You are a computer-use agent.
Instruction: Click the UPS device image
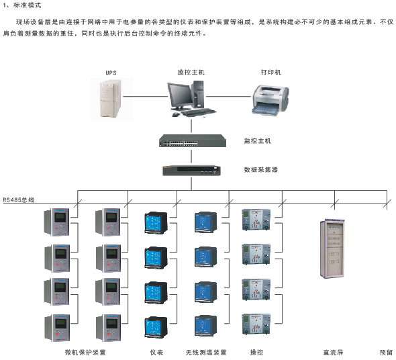(111, 99)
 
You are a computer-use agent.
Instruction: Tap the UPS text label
(111, 73)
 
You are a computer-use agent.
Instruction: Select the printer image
(270, 101)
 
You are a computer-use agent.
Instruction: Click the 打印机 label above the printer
(270, 73)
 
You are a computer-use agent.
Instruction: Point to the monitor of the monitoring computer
(180, 96)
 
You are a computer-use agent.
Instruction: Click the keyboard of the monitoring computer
(199, 112)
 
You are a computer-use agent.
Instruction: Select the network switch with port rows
(193, 141)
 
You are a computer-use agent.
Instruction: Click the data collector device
(191, 171)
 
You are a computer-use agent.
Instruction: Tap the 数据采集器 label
(261, 170)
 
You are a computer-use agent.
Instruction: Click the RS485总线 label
(19, 200)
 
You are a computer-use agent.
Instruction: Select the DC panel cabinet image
(332, 249)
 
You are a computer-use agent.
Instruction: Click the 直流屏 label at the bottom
(333, 352)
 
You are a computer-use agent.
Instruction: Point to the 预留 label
(386, 352)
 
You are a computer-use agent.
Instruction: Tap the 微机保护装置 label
(85, 352)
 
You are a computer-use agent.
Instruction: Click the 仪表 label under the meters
(156, 352)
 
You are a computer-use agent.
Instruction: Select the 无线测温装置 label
(206, 352)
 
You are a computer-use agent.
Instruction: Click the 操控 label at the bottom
(256, 352)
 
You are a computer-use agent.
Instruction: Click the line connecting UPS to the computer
(146, 96)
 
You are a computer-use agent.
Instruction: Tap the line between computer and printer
(229, 96)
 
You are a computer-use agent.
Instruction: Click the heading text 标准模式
(28, 5)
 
